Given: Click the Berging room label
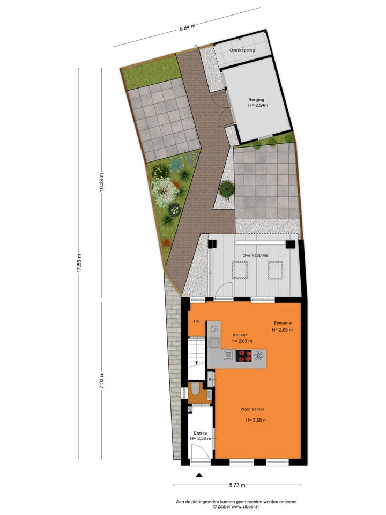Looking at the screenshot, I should click(256, 100).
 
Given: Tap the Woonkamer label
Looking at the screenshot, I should click(252, 409).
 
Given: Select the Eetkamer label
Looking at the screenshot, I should click(281, 322).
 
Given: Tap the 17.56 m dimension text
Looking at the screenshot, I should click(79, 263).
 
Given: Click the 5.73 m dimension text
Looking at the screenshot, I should click(237, 485).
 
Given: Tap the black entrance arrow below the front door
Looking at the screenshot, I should click(199, 475).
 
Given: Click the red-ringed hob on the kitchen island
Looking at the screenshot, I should click(244, 355).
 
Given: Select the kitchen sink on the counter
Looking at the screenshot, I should click(214, 328).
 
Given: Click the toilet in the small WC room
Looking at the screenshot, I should click(196, 389).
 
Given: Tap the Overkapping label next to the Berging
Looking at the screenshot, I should click(242, 50).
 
